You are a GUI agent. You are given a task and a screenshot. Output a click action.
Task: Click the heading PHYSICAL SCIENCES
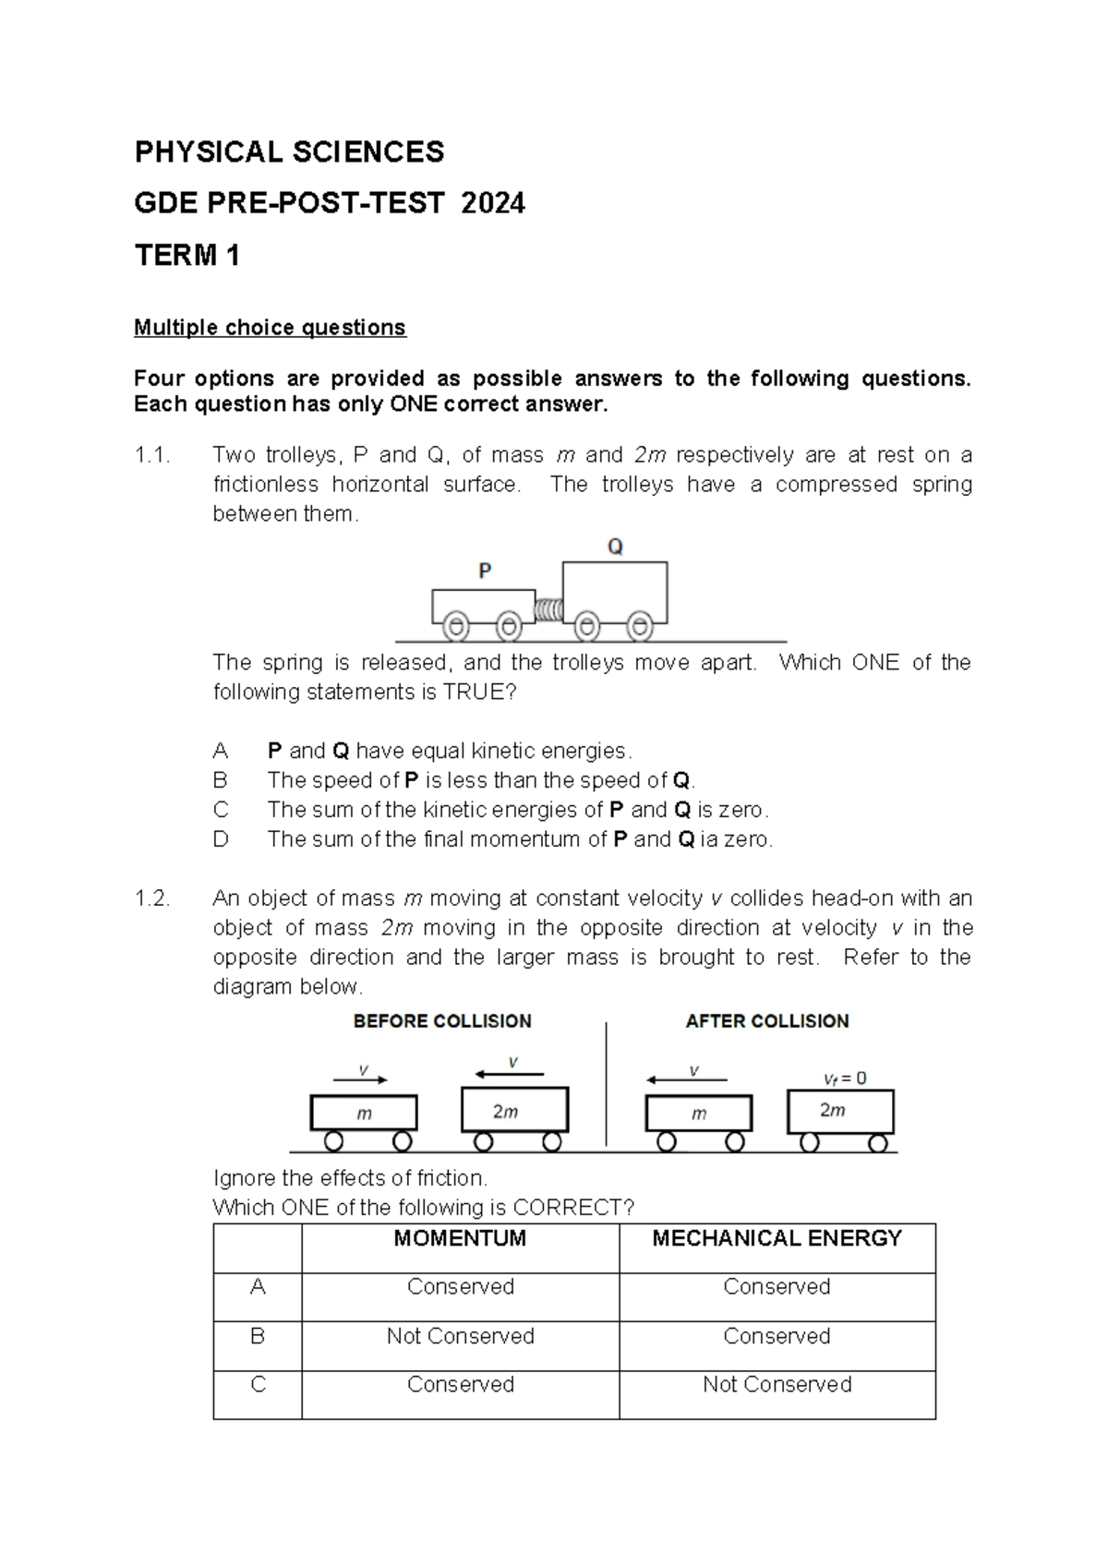pyautogui.click(x=289, y=152)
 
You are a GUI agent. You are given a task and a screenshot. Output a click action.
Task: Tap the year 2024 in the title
pyautogui.click(x=493, y=203)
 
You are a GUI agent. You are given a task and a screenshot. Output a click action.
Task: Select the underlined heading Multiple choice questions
pyautogui.click(x=270, y=328)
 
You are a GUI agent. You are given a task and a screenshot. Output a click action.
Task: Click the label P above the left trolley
pyautogui.click(x=485, y=572)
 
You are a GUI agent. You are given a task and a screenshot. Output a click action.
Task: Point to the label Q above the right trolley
pyautogui.click(x=615, y=547)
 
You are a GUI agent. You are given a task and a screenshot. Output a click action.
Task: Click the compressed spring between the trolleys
pyautogui.click(x=548, y=610)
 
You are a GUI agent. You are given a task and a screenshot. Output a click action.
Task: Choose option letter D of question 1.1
pyautogui.click(x=221, y=839)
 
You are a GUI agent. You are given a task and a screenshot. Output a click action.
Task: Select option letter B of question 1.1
pyautogui.click(x=220, y=780)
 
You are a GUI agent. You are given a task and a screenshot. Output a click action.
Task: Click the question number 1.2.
pyautogui.click(x=152, y=898)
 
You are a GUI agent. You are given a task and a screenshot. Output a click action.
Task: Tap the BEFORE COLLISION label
pyautogui.click(x=442, y=1021)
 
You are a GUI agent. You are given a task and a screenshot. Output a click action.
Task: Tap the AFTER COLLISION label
pyautogui.click(x=767, y=1021)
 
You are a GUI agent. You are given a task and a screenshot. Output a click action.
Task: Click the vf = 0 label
pyautogui.click(x=845, y=1078)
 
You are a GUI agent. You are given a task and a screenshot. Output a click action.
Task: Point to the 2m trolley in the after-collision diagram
pyautogui.click(x=840, y=1112)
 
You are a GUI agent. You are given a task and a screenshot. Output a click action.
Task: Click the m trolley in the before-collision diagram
pyautogui.click(x=364, y=1114)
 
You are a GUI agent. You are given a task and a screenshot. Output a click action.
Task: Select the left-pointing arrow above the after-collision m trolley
pyautogui.click(x=687, y=1079)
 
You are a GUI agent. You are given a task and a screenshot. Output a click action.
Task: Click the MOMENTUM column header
pyautogui.click(x=460, y=1239)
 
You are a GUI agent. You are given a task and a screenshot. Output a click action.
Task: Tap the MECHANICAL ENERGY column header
pyautogui.click(x=777, y=1239)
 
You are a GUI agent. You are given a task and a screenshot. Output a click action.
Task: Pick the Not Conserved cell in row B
pyautogui.click(x=460, y=1336)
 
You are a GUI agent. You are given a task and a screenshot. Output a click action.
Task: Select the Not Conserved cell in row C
pyautogui.click(x=777, y=1384)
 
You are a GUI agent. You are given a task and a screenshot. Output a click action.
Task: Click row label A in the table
pyautogui.click(x=258, y=1287)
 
